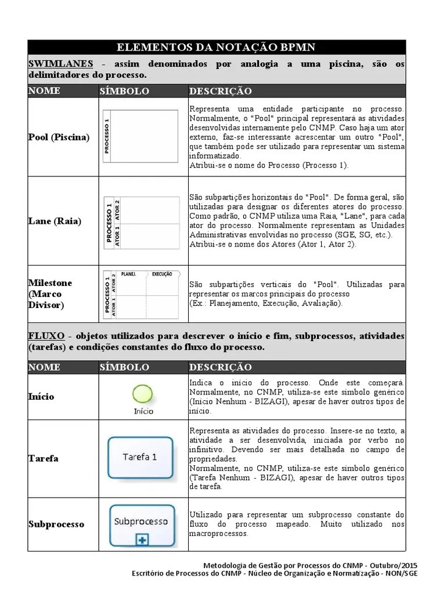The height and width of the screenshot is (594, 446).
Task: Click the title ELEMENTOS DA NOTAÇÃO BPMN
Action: tap(216, 47)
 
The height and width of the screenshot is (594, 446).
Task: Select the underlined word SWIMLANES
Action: tap(61, 64)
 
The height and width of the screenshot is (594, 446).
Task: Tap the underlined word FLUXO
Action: tap(46, 336)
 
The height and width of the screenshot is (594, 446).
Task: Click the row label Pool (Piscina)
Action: tap(59, 137)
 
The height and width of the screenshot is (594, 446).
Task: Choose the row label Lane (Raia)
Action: tap(55, 221)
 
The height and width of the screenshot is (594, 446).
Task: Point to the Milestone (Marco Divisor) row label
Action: tap(51, 294)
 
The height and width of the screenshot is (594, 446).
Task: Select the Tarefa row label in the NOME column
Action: tap(44, 458)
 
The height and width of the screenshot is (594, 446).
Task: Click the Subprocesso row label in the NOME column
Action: tap(56, 524)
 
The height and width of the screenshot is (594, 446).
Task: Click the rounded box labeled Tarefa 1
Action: tap(140, 457)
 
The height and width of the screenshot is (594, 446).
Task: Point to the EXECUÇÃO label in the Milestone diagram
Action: tap(162, 274)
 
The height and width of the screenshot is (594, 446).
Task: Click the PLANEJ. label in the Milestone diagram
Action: tap(129, 274)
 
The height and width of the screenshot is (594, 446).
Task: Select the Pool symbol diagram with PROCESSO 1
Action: tap(140, 137)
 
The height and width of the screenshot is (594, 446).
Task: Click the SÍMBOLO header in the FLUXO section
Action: tap(124, 367)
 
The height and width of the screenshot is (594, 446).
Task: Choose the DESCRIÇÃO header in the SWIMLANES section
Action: tap(220, 91)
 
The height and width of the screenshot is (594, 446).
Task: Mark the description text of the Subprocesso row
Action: tap(297, 524)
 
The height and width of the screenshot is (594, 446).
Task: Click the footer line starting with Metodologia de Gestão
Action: tap(310, 565)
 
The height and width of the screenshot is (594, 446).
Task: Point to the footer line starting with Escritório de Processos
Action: tap(274, 574)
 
